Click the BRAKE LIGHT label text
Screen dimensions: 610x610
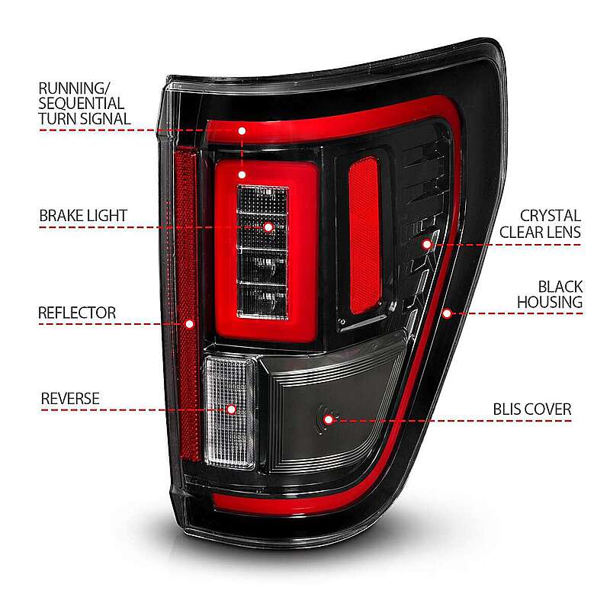(x=83, y=216)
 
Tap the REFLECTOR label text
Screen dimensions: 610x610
(x=77, y=313)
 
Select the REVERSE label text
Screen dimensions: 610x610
(x=70, y=399)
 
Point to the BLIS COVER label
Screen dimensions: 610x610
(x=532, y=409)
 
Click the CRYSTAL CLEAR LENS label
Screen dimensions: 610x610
(x=541, y=223)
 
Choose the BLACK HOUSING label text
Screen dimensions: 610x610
(x=550, y=294)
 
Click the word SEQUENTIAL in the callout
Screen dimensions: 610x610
(x=82, y=104)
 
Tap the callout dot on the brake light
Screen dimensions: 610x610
(x=268, y=227)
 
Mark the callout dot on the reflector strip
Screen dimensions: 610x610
(x=189, y=323)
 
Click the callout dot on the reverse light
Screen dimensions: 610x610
(x=232, y=409)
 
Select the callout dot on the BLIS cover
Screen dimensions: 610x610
(x=329, y=420)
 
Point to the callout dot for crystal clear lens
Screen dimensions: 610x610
(x=427, y=244)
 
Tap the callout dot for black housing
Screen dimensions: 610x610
(x=447, y=313)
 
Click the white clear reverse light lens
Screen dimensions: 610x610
(x=230, y=412)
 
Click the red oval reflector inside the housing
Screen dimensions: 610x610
(x=364, y=236)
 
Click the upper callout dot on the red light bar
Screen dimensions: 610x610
(x=242, y=130)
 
